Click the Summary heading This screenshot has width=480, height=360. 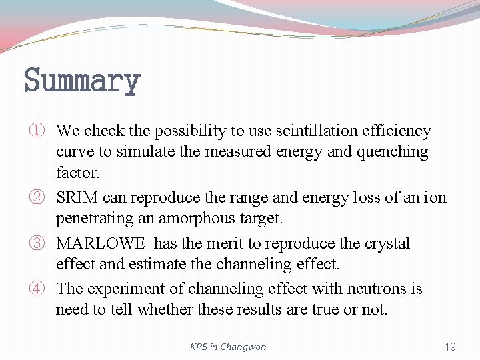82,81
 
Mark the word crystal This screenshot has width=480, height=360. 386,243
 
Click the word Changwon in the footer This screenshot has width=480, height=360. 243,347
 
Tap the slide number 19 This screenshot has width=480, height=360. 450,347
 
